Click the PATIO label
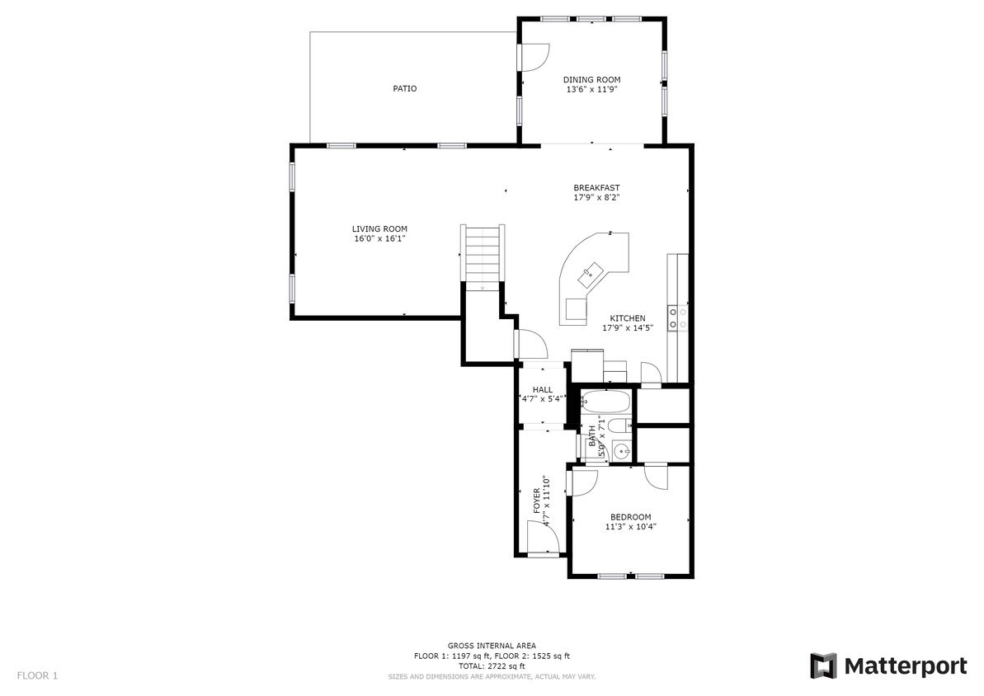(405, 88)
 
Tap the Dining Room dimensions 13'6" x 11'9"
(591, 90)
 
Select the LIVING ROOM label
(379, 229)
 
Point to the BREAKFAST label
(597, 188)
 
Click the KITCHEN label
(628, 318)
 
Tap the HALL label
(543, 390)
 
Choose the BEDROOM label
(631, 517)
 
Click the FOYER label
(537, 501)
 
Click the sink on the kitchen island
(591, 270)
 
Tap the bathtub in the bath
(605, 401)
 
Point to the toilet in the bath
(620, 426)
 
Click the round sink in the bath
(622, 450)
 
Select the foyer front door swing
(543, 538)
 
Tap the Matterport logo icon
(823, 665)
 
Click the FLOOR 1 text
(37, 676)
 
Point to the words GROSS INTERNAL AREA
(492, 646)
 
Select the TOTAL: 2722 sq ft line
(492, 665)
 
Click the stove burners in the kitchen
(673, 317)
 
